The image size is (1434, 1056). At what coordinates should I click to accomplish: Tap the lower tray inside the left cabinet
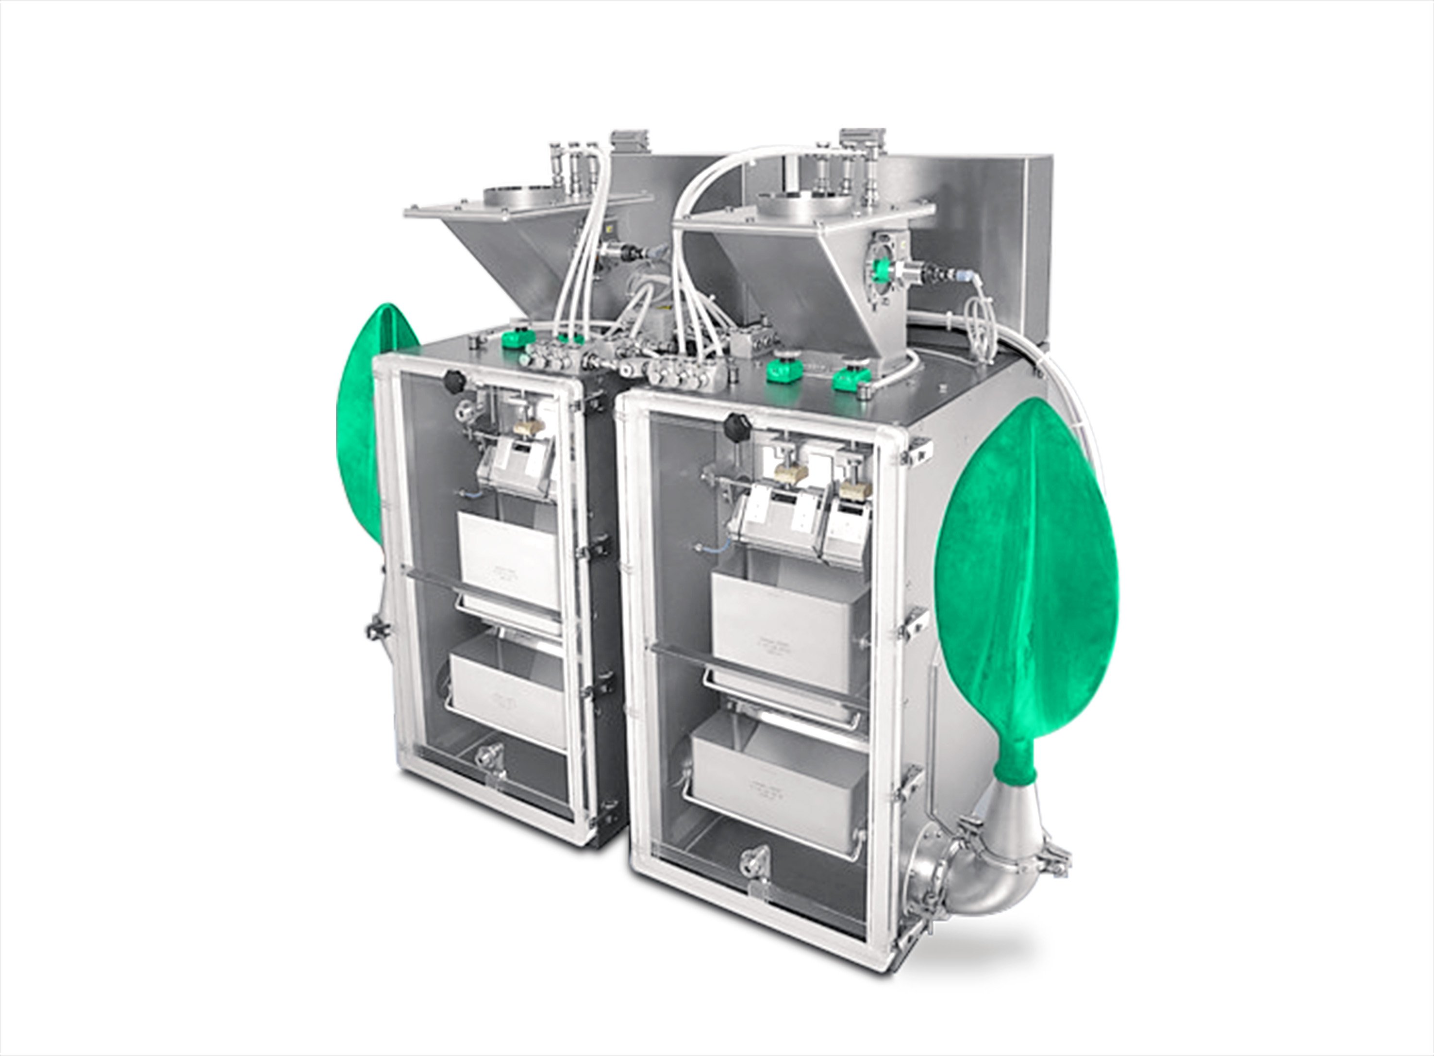(508, 687)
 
